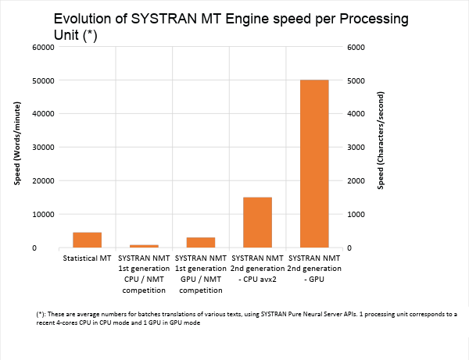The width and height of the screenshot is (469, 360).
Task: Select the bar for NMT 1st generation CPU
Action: [144, 246]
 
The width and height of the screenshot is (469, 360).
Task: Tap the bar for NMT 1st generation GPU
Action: [201, 242]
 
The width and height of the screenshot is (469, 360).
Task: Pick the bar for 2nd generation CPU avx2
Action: [257, 223]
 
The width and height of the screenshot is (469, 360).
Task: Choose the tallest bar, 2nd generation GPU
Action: [314, 164]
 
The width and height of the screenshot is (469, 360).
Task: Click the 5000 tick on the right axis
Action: [356, 80]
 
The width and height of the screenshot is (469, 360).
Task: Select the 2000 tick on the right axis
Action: [356, 181]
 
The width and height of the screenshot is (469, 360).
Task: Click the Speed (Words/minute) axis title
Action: [16, 147]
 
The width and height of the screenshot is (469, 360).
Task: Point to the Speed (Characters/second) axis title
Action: [381, 147]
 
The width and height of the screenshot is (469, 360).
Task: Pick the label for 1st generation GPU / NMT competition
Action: [201, 274]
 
